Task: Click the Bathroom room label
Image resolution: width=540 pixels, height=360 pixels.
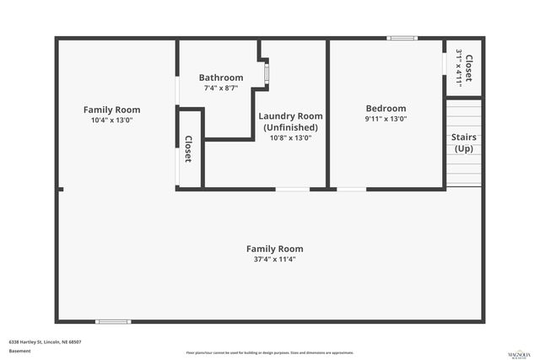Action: [x=221, y=78]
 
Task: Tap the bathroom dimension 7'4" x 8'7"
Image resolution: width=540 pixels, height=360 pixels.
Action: [x=221, y=88]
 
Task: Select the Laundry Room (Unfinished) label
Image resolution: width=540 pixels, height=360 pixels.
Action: [x=290, y=121]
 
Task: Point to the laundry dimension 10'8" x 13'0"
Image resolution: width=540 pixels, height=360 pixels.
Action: [x=290, y=137]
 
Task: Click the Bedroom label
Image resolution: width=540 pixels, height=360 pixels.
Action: [x=386, y=108]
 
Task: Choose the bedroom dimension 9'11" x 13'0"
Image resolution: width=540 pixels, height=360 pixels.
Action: [x=386, y=119]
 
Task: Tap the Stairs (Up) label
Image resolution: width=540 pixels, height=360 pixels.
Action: [x=464, y=142]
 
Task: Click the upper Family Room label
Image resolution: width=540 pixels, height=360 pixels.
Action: [x=111, y=110]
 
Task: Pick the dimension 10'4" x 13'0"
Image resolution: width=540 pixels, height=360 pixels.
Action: [x=111, y=121]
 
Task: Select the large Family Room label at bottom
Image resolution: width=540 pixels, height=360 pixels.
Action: [x=274, y=249]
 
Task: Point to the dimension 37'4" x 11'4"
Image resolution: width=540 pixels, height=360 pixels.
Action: [x=274, y=260]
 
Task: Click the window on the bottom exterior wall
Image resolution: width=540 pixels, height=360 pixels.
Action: [x=112, y=321]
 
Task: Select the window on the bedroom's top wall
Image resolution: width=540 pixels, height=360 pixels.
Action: [x=402, y=38]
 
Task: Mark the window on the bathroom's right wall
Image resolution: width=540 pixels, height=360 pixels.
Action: [x=267, y=73]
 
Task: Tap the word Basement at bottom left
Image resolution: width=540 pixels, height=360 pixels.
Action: [x=19, y=351]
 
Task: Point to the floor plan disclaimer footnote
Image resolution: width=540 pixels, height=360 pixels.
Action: [x=269, y=352]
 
